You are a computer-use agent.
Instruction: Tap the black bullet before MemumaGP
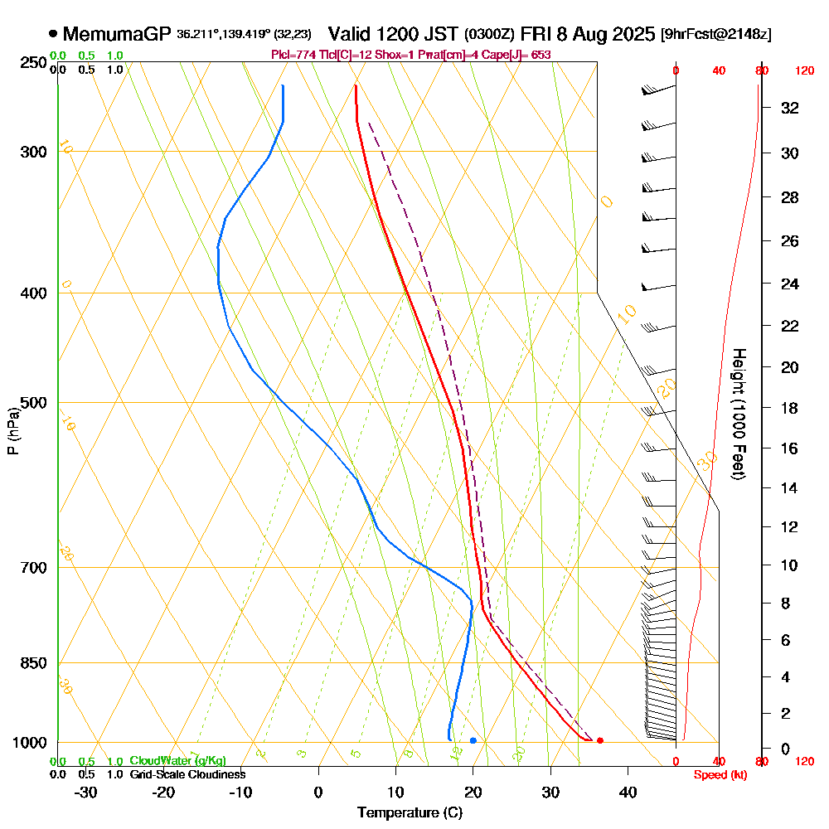tap(54, 34)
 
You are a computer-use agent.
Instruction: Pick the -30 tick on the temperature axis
tap(86, 792)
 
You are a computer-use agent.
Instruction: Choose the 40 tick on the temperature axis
tap(628, 792)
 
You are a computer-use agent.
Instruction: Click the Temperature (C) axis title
tap(410, 813)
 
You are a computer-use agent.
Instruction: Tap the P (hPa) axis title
tap(12, 430)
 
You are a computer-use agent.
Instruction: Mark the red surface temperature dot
tap(599, 740)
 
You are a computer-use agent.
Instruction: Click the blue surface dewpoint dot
tap(473, 740)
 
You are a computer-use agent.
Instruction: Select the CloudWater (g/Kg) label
tap(177, 761)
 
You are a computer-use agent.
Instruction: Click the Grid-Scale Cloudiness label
tap(187, 774)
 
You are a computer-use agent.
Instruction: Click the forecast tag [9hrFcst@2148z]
tap(716, 35)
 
